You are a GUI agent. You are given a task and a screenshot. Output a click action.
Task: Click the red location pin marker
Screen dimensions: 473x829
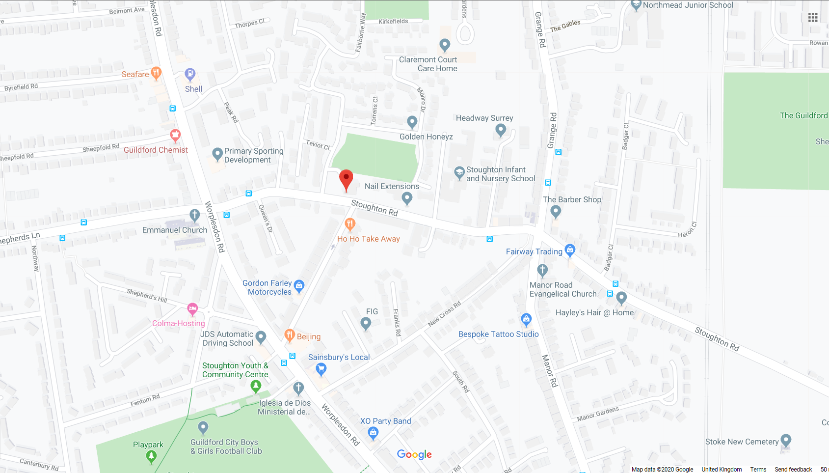click(346, 179)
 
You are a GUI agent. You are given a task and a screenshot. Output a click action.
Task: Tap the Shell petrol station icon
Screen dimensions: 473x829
click(190, 74)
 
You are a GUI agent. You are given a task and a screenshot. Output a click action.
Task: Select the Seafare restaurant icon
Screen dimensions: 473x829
click(156, 73)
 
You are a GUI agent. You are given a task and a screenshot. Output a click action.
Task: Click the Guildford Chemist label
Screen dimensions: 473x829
click(156, 150)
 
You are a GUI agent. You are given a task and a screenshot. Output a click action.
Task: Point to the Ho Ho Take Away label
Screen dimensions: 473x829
click(368, 239)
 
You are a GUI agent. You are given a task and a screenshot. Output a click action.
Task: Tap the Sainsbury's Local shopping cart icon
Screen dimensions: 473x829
click(321, 368)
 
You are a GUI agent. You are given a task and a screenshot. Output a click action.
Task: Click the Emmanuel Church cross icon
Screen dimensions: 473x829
click(195, 215)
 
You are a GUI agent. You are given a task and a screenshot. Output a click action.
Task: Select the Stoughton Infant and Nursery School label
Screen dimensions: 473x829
click(501, 174)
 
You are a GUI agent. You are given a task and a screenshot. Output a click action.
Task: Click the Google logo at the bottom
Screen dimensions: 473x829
click(414, 454)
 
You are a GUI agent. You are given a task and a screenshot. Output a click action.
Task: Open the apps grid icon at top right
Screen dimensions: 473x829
click(813, 17)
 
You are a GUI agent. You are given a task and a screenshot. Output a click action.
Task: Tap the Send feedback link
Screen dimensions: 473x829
click(793, 469)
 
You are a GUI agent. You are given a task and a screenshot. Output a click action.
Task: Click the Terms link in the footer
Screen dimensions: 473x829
click(758, 469)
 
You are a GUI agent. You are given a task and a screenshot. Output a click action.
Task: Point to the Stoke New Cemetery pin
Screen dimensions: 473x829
click(786, 440)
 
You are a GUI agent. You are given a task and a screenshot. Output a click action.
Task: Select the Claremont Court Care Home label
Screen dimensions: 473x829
click(428, 64)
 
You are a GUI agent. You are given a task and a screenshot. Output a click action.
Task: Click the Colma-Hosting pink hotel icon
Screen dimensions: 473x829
click(192, 309)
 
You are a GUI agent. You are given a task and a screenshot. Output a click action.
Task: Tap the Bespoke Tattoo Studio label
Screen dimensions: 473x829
click(498, 334)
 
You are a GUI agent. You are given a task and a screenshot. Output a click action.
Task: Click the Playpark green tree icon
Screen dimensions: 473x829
click(151, 456)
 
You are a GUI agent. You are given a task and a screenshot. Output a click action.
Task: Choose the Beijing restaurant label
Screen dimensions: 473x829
click(308, 336)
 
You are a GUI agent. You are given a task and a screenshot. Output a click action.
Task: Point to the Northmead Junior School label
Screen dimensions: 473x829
click(688, 5)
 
